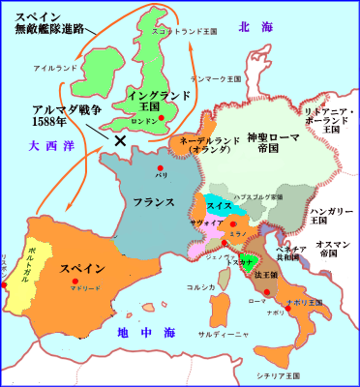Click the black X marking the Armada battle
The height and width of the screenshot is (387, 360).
[121, 140]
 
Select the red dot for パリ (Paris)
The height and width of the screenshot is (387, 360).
[160, 169]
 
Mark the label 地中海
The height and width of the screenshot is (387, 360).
[135, 332]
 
